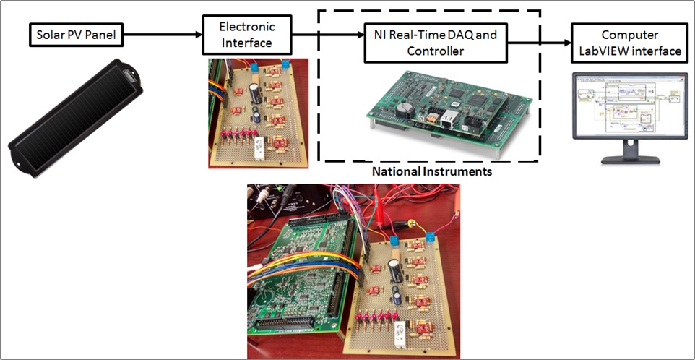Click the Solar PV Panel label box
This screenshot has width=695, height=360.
coord(76,35)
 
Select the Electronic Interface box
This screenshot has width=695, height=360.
coord(247,35)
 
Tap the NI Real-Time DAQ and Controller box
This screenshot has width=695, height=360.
coord(435,43)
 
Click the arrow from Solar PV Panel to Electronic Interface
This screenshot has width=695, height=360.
coord(163,35)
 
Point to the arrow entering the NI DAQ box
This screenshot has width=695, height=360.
coord(328,35)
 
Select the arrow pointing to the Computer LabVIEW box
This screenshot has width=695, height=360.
coord(539,43)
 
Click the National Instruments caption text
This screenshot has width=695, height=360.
coord(432,171)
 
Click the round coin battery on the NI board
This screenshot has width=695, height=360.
coord(405,108)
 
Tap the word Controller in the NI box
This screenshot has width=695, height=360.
coord(436,51)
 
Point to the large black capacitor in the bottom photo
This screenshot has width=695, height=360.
coord(395,270)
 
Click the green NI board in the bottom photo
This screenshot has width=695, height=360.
coord(301,275)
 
